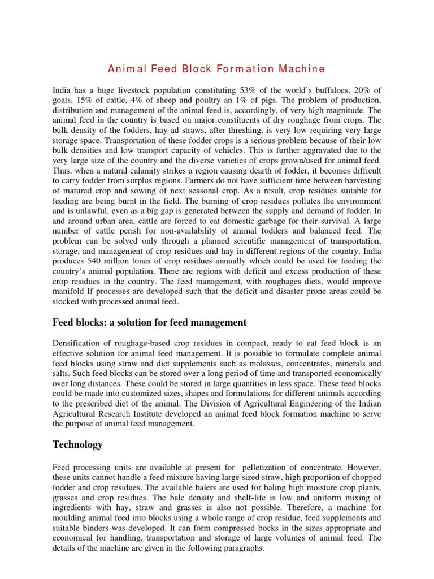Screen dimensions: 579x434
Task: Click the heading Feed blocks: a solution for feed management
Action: click(x=150, y=323)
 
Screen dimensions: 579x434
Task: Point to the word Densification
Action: click(x=77, y=343)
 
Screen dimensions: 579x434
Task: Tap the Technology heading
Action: click(x=77, y=444)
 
